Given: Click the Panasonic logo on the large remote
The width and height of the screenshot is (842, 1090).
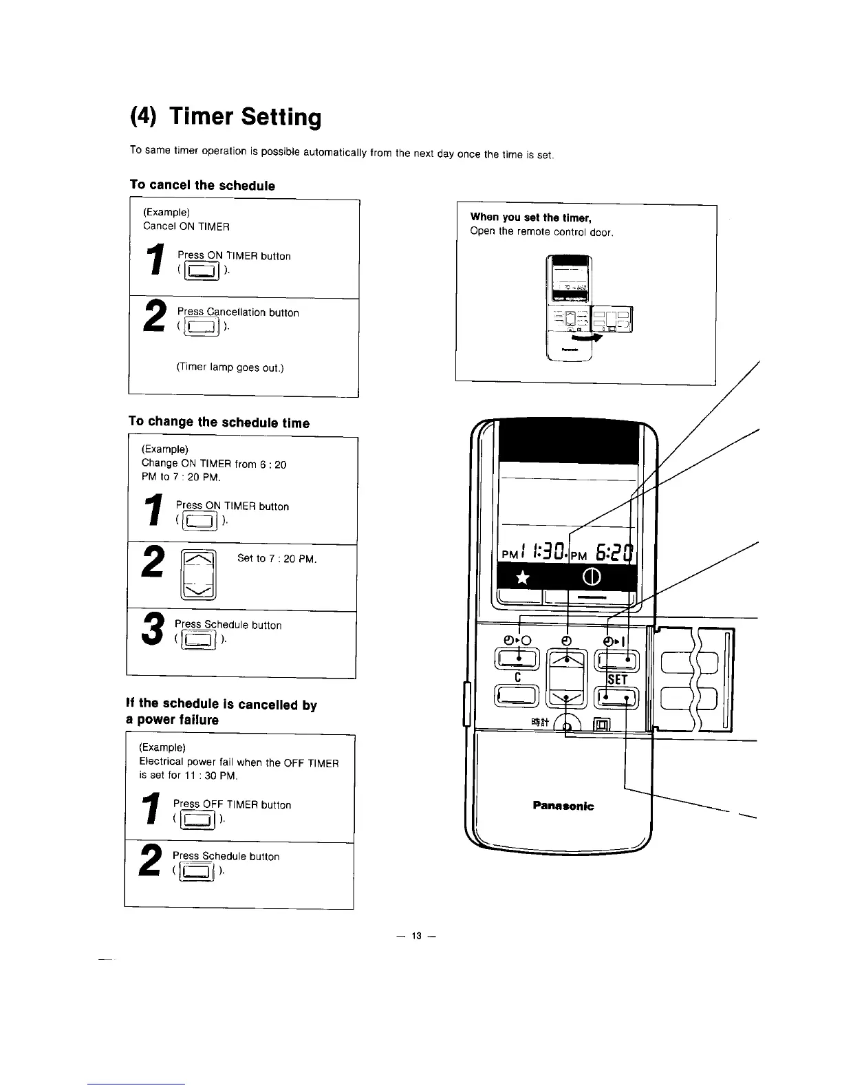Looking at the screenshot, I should [563, 806].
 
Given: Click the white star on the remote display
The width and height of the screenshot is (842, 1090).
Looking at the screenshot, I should [523, 576].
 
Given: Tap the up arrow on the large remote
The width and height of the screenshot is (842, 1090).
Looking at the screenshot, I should [567, 661].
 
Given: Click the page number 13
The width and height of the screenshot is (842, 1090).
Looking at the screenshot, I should [415, 936].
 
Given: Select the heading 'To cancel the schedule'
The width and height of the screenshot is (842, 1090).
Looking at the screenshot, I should [202, 185].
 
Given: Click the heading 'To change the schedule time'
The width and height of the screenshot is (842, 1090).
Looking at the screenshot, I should [219, 423].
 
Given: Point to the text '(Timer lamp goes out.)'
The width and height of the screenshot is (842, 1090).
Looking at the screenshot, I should [221, 367].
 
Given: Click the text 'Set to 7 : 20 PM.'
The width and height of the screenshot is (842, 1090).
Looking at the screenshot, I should [277, 559].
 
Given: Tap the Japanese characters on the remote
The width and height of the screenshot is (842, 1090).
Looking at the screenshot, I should [539, 721].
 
